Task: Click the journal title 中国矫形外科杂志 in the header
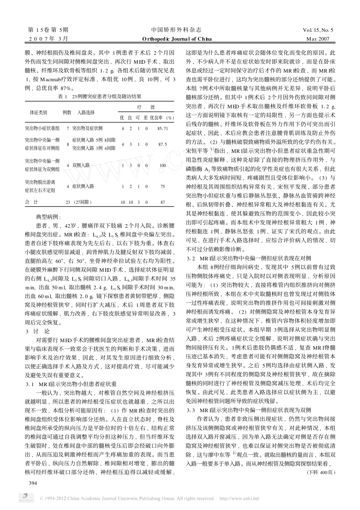point(176,30)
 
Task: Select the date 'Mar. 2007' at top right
point(318,39)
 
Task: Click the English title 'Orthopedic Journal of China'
point(177,39)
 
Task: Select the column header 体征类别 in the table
point(39,113)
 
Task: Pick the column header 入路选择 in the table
point(86,113)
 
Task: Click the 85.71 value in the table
point(163,128)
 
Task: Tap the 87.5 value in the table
point(163,144)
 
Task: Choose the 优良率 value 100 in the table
point(163,165)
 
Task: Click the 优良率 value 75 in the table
point(163,186)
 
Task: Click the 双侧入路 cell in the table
point(81,165)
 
